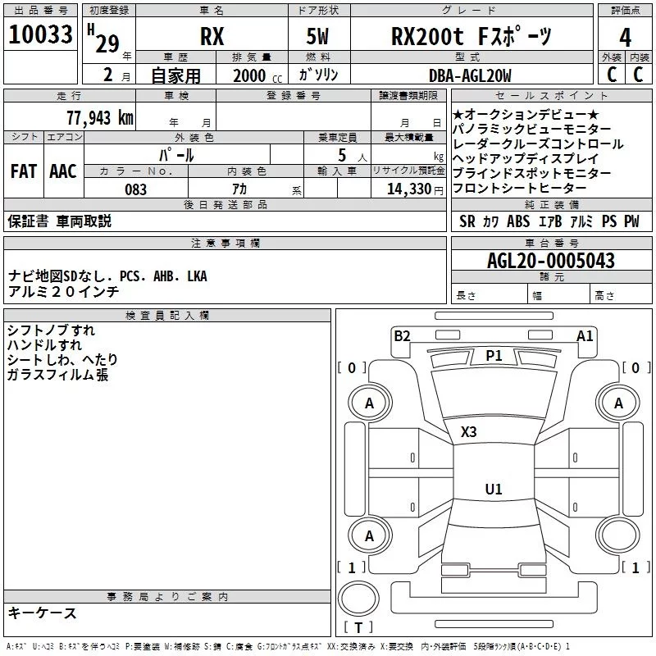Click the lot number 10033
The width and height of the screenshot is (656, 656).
click(x=40, y=34)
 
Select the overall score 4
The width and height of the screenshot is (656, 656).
click(x=625, y=38)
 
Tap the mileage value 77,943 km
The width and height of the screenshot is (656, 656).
click(x=100, y=118)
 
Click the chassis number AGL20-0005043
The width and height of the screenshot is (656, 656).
click(x=551, y=261)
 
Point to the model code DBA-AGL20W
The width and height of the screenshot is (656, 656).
click(x=470, y=75)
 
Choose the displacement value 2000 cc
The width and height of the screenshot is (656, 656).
click(x=257, y=75)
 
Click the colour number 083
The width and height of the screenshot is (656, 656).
click(x=136, y=189)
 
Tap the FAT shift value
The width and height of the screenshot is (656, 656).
click(x=24, y=171)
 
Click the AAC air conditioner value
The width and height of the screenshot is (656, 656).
click(x=63, y=171)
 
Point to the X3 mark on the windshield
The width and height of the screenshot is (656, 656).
click(x=468, y=432)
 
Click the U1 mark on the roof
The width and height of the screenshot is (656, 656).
click(x=494, y=489)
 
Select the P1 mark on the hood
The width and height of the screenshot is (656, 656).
click(x=494, y=356)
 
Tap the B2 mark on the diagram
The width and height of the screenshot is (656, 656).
click(x=402, y=336)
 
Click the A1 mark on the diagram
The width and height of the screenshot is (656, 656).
click(x=585, y=336)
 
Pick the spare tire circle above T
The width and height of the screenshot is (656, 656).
click(x=358, y=599)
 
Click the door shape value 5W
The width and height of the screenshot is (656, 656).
click(x=317, y=36)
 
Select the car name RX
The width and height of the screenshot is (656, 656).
click(x=212, y=36)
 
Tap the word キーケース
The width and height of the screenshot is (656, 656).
click(x=43, y=613)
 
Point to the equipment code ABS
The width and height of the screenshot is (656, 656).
click(x=518, y=221)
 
